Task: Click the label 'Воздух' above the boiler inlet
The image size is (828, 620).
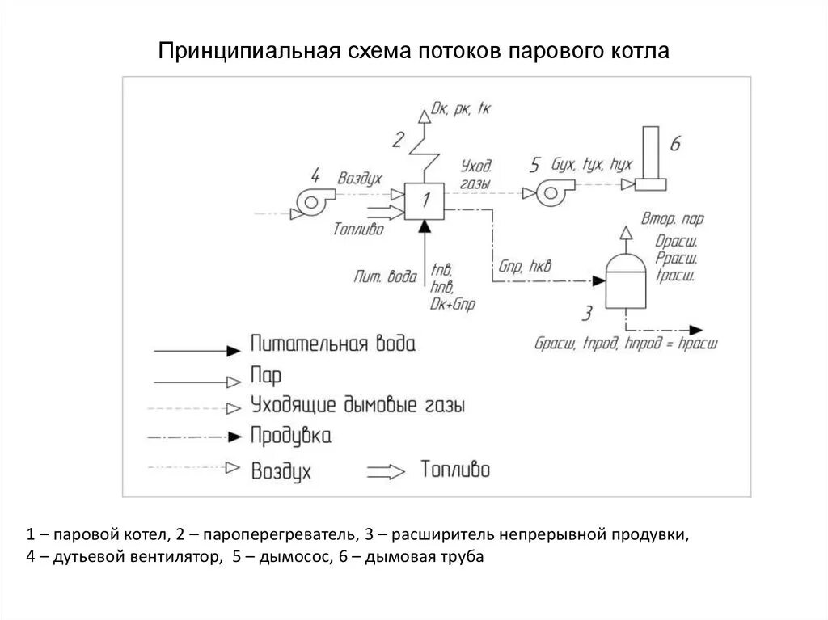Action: pyautogui.click(x=360, y=179)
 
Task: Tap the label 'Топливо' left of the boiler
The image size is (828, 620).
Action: pyautogui.click(x=358, y=230)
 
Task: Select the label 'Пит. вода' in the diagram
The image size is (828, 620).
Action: pyautogui.click(x=385, y=276)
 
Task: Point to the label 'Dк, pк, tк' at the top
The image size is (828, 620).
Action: pyautogui.click(x=462, y=108)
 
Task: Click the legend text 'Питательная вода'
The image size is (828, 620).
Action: pyautogui.click(x=333, y=345)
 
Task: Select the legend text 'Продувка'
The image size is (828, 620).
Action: pyautogui.click(x=291, y=436)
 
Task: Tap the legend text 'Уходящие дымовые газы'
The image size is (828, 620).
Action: pyautogui.click(x=357, y=404)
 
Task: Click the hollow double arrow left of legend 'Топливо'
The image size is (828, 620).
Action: pyautogui.click(x=387, y=471)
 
